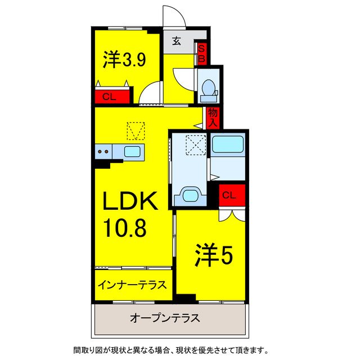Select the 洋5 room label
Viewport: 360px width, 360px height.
point(214,256)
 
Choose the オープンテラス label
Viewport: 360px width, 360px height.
point(165,318)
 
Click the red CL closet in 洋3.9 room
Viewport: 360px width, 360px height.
point(109,97)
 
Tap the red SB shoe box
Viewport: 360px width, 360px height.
point(201,53)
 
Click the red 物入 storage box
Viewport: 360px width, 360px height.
point(213,117)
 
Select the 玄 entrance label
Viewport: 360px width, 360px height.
point(176,41)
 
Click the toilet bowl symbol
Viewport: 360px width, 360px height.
point(208,87)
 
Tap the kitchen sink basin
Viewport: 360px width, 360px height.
point(133,151)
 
